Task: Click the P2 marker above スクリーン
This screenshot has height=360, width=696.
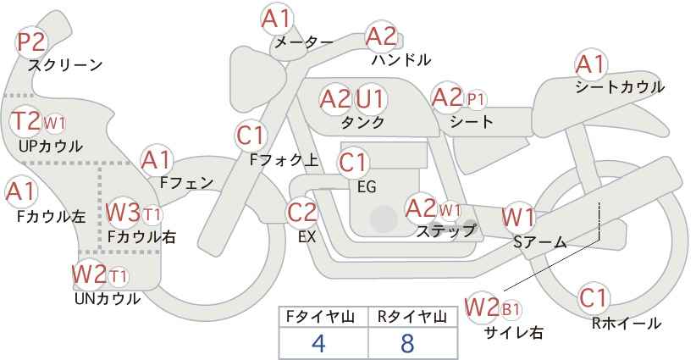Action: pos(31,42)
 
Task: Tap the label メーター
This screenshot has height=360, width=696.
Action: pos(304,42)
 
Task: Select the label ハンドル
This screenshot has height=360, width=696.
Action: pos(401,59)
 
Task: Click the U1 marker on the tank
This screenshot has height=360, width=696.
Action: pos(370,98)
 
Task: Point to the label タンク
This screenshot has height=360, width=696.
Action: pos(362,122)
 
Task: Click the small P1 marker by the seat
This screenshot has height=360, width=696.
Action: pos(475,99)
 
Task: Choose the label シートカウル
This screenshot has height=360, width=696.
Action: pos(620,86)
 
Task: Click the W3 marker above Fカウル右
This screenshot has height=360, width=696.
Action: pos(123,213)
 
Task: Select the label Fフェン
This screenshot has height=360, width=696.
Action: pos(186,182)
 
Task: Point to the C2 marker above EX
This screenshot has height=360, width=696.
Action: pos(301,212)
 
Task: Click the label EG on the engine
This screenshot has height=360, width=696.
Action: pos(367,187)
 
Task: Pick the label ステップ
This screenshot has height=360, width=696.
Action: pos(445,230)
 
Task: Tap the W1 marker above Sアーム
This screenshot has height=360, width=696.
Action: pos(517,218)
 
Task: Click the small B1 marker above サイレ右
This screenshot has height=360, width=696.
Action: pos(511,309)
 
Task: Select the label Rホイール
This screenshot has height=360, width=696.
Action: pos(627,324)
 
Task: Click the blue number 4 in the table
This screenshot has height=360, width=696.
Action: pos(318,343)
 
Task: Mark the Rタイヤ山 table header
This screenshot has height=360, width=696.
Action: pos(412,317)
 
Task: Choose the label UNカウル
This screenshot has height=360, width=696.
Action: pos(108,299)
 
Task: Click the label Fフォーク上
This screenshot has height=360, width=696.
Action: pos(284,159)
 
